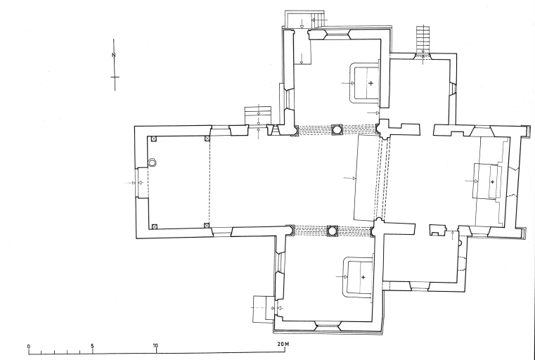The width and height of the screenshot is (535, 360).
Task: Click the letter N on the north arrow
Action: point(114,55)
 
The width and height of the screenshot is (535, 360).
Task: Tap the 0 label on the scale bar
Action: point(29,347)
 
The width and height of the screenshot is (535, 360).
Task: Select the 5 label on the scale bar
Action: point(93,346)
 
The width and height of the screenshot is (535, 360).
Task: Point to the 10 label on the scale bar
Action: point(155,346)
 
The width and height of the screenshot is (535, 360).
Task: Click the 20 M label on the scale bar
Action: point(283,344)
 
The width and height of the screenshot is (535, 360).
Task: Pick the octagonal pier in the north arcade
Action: point(337,130)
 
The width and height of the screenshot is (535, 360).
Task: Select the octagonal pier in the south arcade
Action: point(333,231)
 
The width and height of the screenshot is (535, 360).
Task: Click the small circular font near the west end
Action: point(152,162)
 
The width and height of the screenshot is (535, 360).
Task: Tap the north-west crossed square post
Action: point(154,139)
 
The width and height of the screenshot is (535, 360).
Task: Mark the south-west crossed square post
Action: point(154,226)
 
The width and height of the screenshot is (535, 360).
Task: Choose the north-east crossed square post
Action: point(207,139)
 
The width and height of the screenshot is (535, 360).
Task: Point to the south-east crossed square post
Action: point(206,226)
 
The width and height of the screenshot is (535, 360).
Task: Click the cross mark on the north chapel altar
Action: point(371,83)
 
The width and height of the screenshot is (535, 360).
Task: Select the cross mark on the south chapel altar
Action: point(363,278)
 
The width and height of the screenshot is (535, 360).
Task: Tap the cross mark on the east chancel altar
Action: point(492,182)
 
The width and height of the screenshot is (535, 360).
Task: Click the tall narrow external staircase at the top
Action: point(423,39)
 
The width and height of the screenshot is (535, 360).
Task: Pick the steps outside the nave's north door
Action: point(258,116)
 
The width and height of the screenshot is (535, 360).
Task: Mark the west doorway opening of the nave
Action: point(137,183)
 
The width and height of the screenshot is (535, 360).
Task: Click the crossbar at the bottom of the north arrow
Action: point(115,77)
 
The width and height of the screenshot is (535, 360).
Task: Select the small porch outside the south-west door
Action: point(264,309)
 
